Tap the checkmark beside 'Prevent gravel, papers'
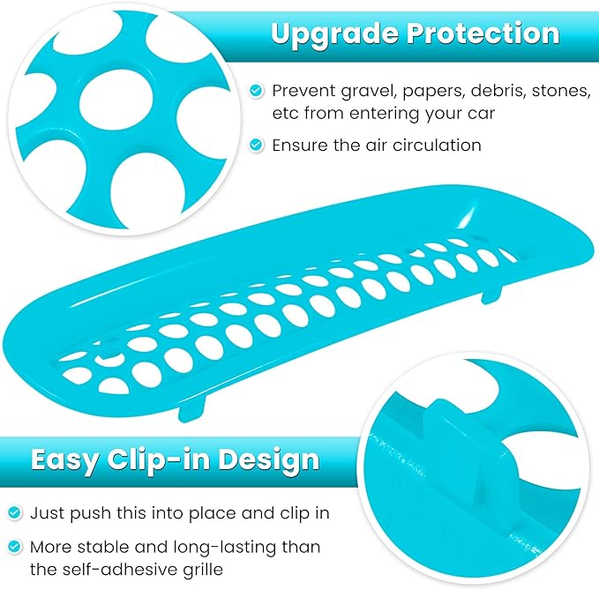click(256, 91)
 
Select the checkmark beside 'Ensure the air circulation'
click(256, 145)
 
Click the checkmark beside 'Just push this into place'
click(15, 512)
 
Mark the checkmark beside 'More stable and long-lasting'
click(15, 548)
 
